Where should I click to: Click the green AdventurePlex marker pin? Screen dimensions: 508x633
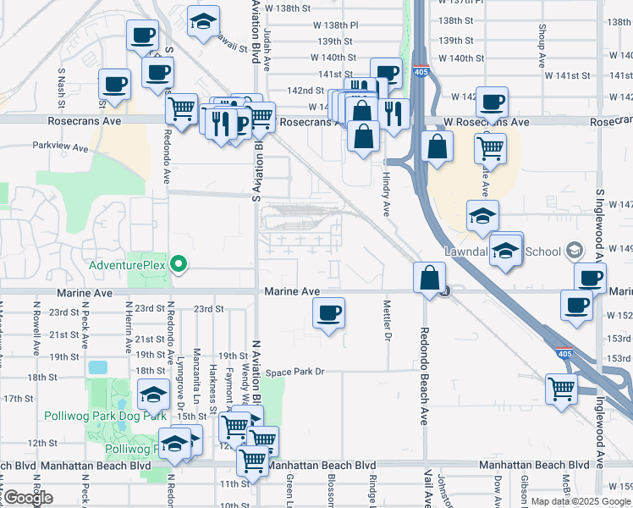coord(179,264)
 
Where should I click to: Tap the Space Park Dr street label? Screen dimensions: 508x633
coord(295,373)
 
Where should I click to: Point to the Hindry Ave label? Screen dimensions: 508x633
coord(386,195)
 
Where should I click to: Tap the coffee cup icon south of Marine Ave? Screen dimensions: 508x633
coord(328,312)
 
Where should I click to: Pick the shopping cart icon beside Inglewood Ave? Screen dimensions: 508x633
coord(561,389)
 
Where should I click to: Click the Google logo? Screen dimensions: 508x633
coord(27,498)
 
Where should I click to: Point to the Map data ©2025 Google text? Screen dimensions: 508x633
coord(581,501)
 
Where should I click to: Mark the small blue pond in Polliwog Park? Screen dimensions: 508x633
coord(98,368)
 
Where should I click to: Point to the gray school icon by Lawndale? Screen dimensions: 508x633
coord(575,251)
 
